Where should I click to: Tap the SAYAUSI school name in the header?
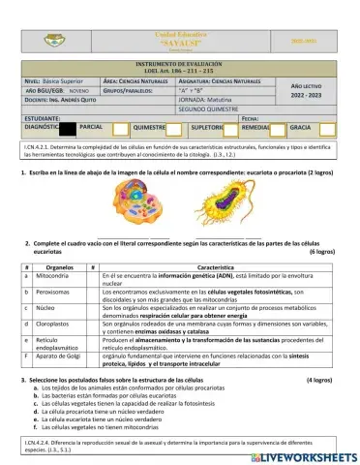pos(180,43)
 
